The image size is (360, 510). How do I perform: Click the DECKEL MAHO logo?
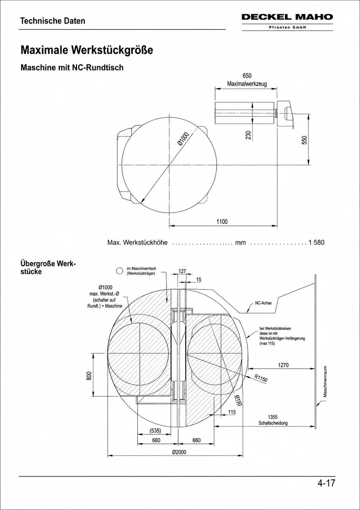pyautogui.click(x=287, y=17)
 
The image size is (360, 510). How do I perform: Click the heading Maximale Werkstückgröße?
pyautogui.click(x=87, y=50)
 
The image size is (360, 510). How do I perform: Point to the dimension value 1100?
pyautogui.click(x=222, y=222)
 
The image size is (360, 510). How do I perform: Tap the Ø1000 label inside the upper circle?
pyautogui.click(x=183, y=138)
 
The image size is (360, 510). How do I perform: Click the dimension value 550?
pyautogui.click(x=305, y=140)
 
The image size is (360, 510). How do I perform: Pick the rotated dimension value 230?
pyautogui.click(x=248, y=135)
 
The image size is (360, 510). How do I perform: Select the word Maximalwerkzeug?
pyautogui.click(x=247, y=83)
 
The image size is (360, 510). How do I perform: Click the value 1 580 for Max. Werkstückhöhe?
pyautogui.click(x=317, y=242)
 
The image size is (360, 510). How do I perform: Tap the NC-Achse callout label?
pyautogui.click(x=263, y=303)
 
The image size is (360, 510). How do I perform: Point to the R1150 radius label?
pyautogui.click(x=261, y=378)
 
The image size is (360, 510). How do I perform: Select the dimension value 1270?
pyautogui.click(x=283, y=365)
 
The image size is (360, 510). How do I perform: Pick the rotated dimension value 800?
pyautogui.click(x=89, y=376)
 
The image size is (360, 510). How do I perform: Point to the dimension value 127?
pyautogui.click(x=182, y=271)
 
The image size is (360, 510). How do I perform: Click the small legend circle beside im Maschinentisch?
pyautogui.click(x=120, y=271)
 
